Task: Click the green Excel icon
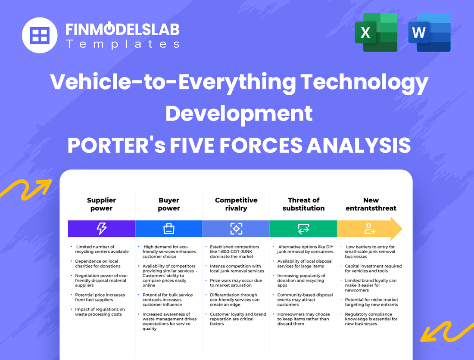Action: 376,33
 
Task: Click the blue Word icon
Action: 429,33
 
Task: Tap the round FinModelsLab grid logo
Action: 40,35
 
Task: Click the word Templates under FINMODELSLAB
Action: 122,44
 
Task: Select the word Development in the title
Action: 239,113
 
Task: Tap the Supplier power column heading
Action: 101,204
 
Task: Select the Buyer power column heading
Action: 168,204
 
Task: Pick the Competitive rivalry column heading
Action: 236,204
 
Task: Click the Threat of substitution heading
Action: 303,204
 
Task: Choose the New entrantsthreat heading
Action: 371,204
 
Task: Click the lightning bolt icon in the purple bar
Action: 101,229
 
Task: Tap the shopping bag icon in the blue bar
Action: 168,229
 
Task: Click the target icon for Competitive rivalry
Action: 236,229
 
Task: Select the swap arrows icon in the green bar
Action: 303,229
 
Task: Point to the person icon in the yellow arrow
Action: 370,229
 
